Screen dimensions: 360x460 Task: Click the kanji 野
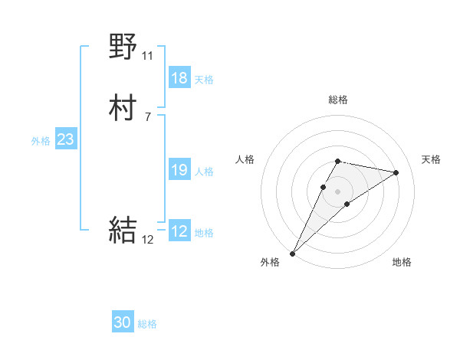[123, 47]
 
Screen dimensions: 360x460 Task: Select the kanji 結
[123, 230]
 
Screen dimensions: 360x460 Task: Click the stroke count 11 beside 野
[147, 56]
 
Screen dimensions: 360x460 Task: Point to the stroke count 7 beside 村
[147, 116]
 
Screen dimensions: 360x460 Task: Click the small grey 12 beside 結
[148, 239]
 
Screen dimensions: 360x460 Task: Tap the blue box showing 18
[179, 78]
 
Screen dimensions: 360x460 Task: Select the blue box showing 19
[179, 171]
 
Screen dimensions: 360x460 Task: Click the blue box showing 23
[65, 139]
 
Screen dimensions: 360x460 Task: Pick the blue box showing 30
[123, 322]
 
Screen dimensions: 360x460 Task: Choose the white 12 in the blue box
[179, 232]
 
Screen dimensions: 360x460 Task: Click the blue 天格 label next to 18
[204, 80]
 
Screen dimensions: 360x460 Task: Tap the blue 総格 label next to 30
[147, 324]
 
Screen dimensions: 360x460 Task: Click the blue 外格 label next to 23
[41, 141]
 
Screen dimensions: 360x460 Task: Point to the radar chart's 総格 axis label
[338, 100]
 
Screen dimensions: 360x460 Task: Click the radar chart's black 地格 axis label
[402, 262]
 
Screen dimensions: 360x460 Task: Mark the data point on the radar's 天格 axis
[396, 172]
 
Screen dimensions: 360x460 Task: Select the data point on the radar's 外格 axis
[292, 253]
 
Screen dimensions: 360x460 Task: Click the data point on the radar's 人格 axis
[324, 186]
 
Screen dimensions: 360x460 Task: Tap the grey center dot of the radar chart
[338, 191]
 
